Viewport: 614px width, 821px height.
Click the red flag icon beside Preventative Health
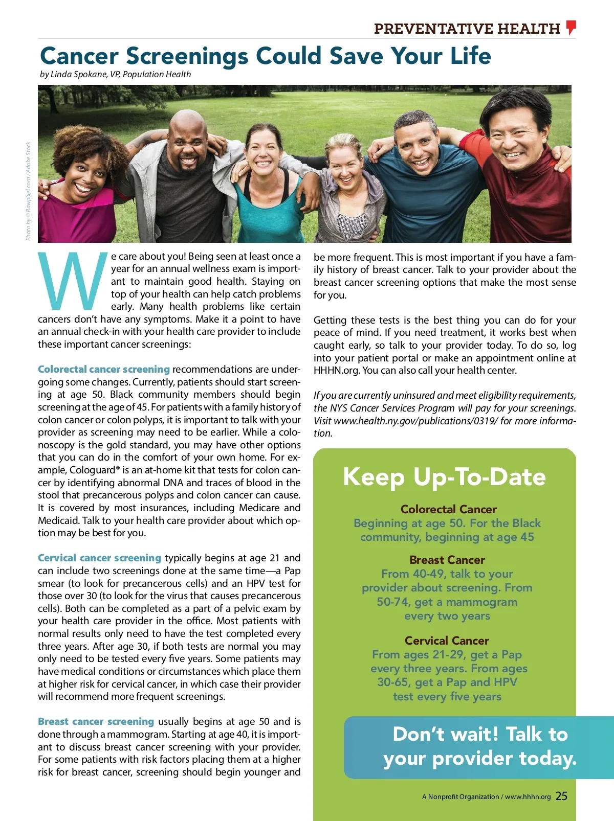(572, 27)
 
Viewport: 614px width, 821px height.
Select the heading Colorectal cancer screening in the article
(104, 369)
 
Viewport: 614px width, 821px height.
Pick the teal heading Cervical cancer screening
(99, 558)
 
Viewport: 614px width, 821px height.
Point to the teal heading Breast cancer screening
(96, 721)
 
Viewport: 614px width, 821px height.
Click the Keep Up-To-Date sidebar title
(444, 477)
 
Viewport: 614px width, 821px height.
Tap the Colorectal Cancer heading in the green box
(448, 509)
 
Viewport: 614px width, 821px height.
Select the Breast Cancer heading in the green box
(447, 560)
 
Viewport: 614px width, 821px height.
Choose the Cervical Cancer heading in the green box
(447, 641)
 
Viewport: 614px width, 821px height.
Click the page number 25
(561, 796)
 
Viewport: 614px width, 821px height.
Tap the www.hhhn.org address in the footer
(528, 796)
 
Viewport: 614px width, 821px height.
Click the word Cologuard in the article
(92, 470)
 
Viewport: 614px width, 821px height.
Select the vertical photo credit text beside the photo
(29, 191)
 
